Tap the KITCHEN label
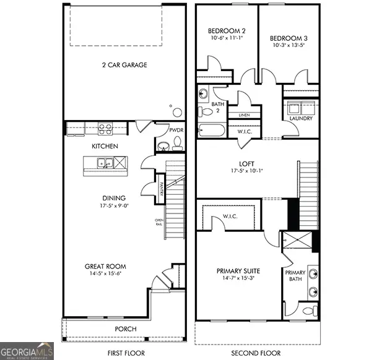tap(105, 147)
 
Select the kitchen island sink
tap(105, 164)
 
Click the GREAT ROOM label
tap(106, 267)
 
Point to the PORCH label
tap(126, 328)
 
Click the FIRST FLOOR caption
tap(126, 353)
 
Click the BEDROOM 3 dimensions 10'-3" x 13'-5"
tap(288, 45)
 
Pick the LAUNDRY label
tap(301, 118)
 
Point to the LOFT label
tap(258, 165)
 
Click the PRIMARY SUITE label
tap(238, 271)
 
